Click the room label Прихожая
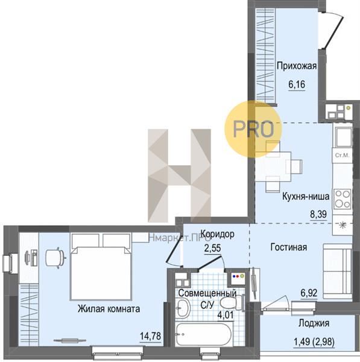[297, 66]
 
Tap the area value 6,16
[297, 84]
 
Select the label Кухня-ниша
[306, 197]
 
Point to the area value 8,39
[318, 214]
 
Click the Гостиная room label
[289, 247]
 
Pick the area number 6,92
[309, 293]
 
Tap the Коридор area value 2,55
[213, 248]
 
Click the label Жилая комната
[109, 309]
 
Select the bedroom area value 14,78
[151, 336]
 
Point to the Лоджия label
[314, 323]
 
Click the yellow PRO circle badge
[253, 129]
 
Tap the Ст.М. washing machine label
[342, 156]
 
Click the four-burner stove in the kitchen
[343, 199]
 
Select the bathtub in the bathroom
[203, 334]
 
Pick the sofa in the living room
[337, 271]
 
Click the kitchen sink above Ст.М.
[344, 138]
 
